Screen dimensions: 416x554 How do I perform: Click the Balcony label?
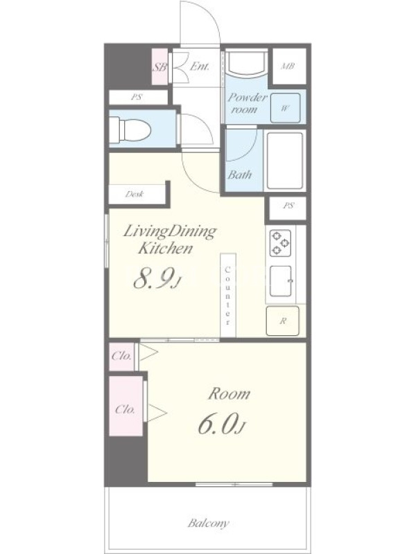(208, 523)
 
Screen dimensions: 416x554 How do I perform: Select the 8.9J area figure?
(157, 279)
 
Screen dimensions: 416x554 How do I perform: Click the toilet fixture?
(130, 129)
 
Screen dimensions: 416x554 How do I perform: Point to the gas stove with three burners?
(281, 243)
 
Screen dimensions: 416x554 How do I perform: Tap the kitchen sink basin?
(281, 281)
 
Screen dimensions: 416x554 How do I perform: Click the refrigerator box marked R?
(282, 321)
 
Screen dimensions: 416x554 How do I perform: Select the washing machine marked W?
(286, 108)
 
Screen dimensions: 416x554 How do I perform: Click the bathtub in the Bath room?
(285, 161)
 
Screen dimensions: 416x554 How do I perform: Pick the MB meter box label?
(288, 66)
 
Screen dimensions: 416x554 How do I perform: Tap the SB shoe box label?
(159, 67)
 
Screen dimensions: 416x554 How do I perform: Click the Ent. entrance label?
(200, 66)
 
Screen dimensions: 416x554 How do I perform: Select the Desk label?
(135, 194)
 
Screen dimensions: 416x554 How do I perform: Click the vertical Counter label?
(228, 296)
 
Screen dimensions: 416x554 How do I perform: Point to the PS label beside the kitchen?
(288, 205)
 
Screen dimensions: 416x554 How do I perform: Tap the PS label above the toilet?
(137, 97)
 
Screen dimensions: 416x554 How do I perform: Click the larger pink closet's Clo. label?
(125, 409)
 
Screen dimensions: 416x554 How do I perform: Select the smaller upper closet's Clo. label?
(121, 356)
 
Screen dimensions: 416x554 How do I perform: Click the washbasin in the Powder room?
(247, 63)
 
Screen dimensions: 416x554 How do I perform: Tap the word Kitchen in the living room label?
(165, 249)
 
